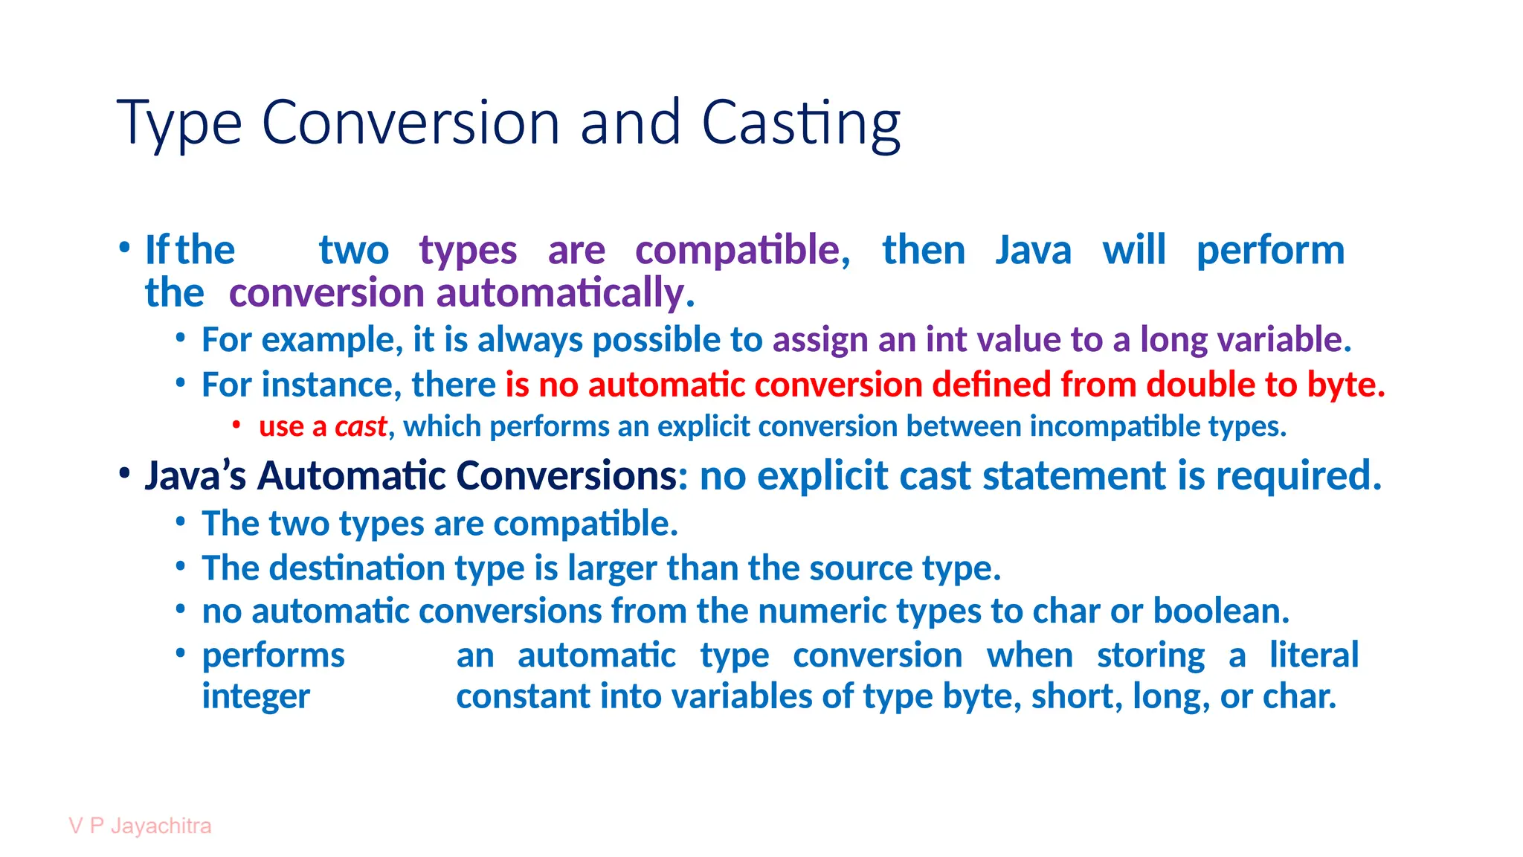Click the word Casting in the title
801,123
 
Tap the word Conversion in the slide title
410,122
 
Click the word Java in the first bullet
1033,250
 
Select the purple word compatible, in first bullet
742,250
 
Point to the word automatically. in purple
565,293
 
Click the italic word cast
361,427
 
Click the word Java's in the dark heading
195,476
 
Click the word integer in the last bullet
256,697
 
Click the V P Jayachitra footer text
140,826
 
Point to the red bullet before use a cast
236,425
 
